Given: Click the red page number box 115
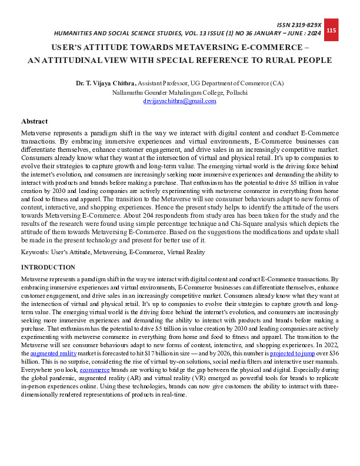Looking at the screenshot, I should pyautogui.click(x=331, y=30).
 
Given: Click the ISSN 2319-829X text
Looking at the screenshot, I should pyautogui.click(x=301, y=25).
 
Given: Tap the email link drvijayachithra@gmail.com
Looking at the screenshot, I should pyautogui.click(x=180, y=101).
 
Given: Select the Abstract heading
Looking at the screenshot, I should pyautogui.click(x=34, y=121).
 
